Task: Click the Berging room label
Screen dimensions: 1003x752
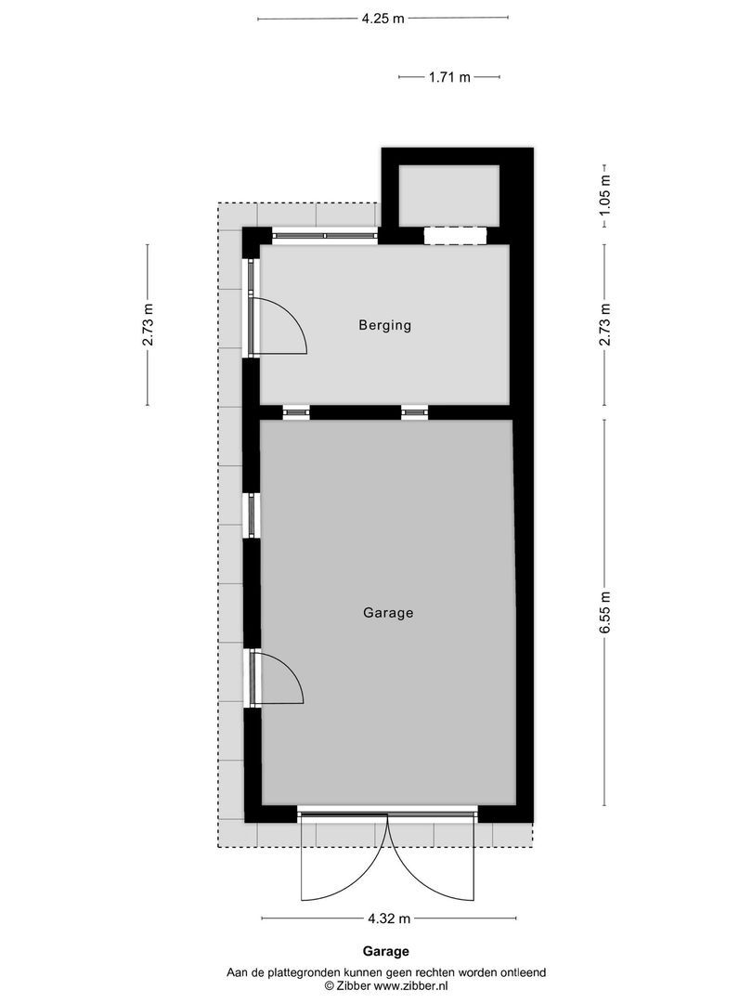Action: click(x=384, y=326)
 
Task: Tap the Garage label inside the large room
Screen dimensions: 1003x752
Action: click(x=387, y=613)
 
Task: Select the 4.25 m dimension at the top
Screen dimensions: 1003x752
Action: click(x=382, y=18)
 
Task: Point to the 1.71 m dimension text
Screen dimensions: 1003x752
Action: click(x=449, y=78)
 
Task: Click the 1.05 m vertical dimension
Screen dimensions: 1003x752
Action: click(x=605, y=202)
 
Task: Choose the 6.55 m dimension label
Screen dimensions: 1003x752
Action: click(x=605, y=613)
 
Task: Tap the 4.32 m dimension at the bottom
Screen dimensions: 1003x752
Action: click(x=388, y=919)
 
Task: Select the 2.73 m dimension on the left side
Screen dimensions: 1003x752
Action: click(x=148, y=325)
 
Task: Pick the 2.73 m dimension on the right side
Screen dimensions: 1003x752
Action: click(x=605, y=325)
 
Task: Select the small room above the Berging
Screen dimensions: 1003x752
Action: click(x=448, y=195)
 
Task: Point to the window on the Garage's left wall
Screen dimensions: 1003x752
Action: click(x=251, y=515)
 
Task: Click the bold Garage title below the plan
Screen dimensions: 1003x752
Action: click(x=385, y=951)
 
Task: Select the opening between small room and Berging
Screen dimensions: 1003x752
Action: click(x=455, y=236)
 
